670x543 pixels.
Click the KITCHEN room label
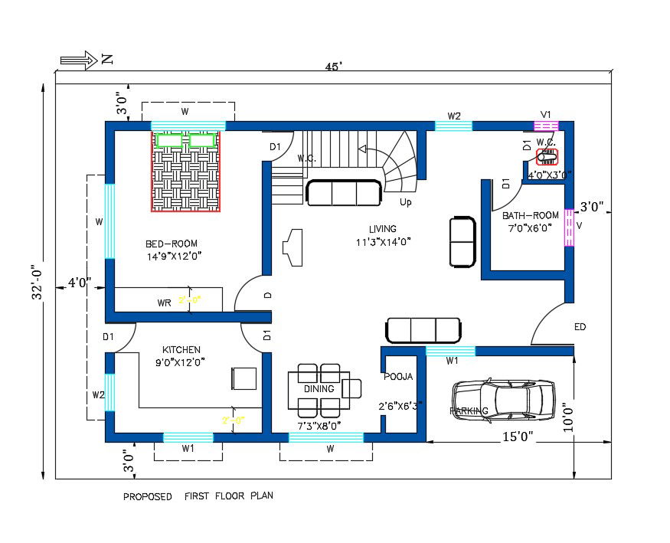coord(181,349)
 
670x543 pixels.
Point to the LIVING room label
coord(382,228)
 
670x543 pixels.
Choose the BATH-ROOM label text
coord(531,215)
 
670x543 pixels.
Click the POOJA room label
coord(398,376)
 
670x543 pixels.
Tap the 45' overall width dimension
coord(333,67)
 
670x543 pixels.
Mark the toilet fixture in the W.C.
coord(547,157)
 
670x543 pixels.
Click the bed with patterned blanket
coord(185,171)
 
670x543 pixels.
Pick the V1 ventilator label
coord(546,114)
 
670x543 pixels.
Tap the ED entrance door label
coord(580,327)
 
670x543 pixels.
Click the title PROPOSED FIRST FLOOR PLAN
coord(198,496)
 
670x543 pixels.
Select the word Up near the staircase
coord(405,202)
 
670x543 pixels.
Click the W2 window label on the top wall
coord(454,116)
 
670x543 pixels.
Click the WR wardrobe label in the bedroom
coord(164,303)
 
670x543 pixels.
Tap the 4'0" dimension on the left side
coord(79,283)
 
